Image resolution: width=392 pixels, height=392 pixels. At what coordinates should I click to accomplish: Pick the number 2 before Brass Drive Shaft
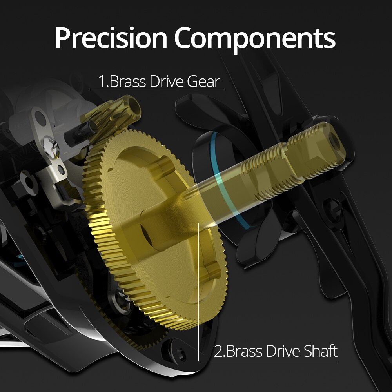coord(218,351)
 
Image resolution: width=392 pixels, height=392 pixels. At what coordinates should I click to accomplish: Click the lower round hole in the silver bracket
coord(61,170)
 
